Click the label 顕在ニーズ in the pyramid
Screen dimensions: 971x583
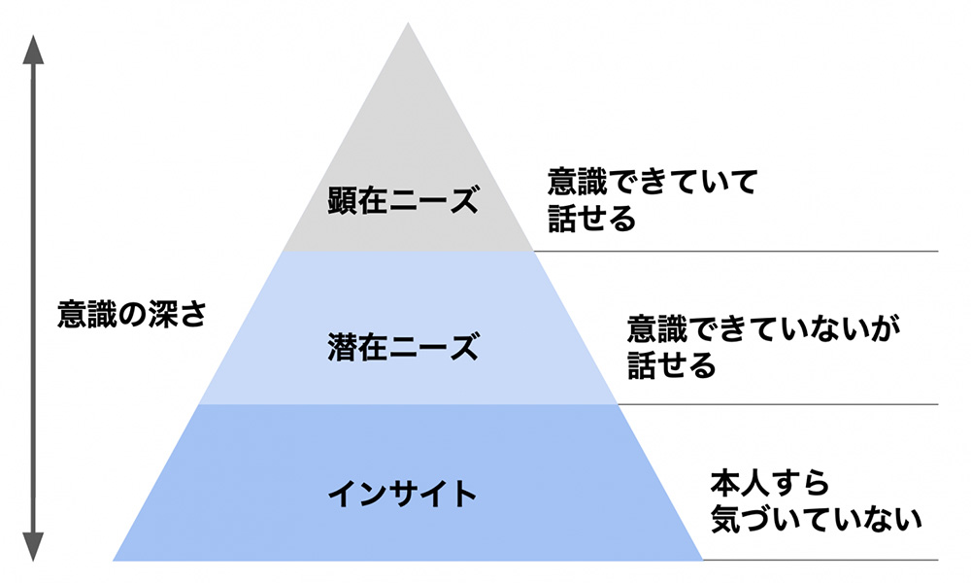(x=403, y=200)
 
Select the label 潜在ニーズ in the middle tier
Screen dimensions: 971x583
(x=403, y=347)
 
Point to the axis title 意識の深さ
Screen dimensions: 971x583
(x=132, y=314)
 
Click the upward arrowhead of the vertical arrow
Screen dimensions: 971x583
(x=33, y=50)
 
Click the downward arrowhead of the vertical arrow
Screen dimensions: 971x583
(x=33, y=547)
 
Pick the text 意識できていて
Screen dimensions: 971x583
(x=653, y=182)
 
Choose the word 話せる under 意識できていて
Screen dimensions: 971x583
(x=592, y=219)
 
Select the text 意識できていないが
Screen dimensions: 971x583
(x=763, y=329)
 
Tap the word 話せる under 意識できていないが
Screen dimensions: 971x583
(x=671, y=365)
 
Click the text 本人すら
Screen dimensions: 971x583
(x=769, y=483)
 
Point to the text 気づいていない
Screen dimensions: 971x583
(x=816, y=519)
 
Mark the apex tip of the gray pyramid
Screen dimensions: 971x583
(x=408, y=23)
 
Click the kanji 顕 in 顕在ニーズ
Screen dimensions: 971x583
(x=343, y=200)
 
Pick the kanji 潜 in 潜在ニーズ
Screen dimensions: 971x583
(x=343, y=347)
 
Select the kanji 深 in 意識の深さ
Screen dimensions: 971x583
(x=162, y=314)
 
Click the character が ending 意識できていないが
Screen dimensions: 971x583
(x=885, y=329)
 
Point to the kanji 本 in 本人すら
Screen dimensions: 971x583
(x=725, y=483)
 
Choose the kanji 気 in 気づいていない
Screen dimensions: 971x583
(x=725, y=519)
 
